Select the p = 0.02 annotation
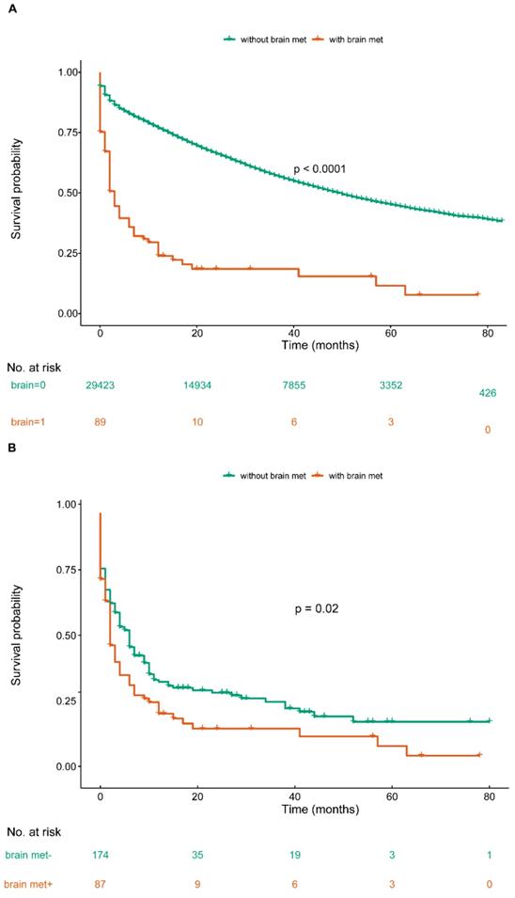pos(317,608)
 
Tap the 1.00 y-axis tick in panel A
pos(68,72)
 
